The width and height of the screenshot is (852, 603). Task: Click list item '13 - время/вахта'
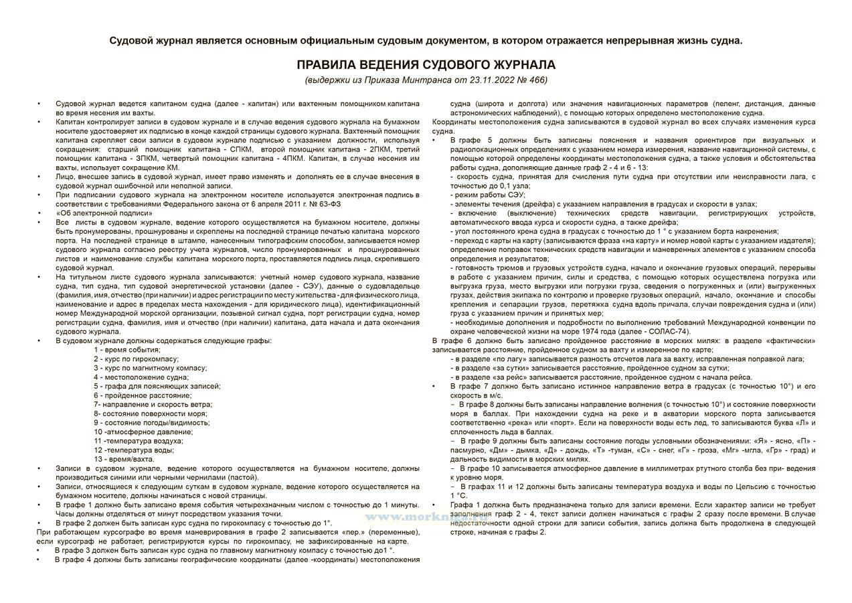124,459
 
